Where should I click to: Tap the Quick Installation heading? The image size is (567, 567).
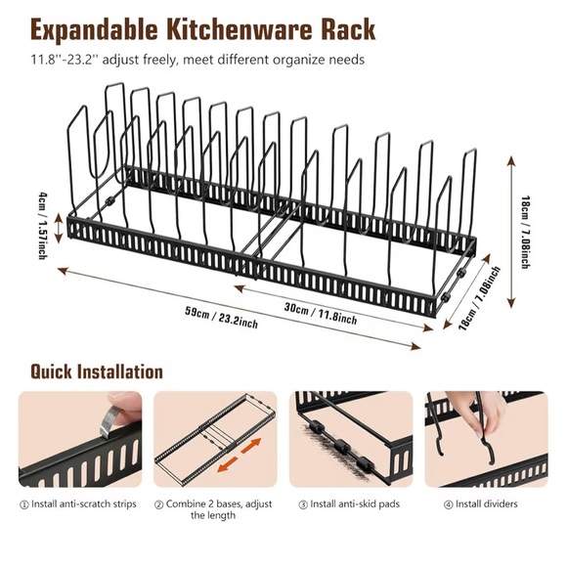click(96, 372)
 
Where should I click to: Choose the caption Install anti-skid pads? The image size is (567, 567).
click(354, 504)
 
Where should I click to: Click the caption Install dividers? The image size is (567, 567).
click(486, 504)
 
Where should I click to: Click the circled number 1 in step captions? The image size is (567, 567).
click(24, 504)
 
